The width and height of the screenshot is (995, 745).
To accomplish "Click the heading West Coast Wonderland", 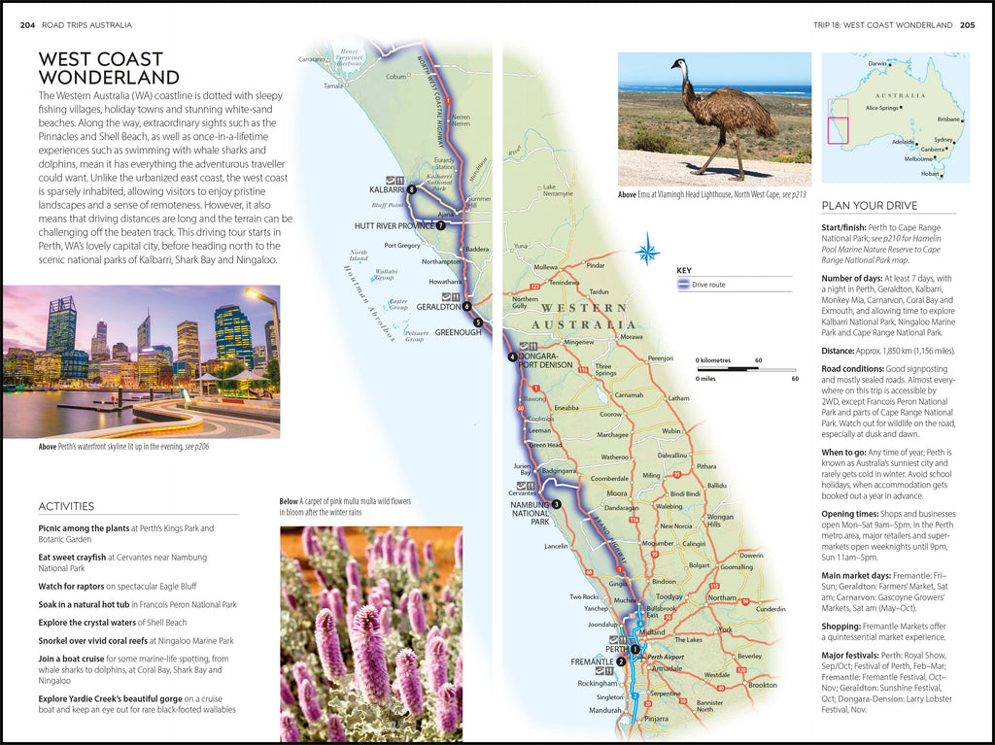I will tap(109, 68).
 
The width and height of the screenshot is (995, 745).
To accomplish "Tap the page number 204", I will tap(27, 24).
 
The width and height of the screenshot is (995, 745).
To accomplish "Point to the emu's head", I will tap(677, 66).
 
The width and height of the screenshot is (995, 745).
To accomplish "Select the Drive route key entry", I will tap(709, 285).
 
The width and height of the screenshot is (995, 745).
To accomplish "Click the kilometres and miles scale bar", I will tap(745, 369).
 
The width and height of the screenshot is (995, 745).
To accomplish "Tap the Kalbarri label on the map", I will tap(386, 190).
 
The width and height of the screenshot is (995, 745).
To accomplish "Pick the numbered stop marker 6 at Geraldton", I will tap(467, 306).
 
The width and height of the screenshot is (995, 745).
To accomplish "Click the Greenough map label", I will tap(458, 331).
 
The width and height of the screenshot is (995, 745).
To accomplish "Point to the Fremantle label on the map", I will tap(591, 661).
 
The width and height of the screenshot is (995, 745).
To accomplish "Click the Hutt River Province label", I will tap(393, 225).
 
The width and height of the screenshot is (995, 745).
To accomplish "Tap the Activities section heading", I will tap(66, 506).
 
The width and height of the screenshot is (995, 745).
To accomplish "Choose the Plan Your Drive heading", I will tap(869, 206).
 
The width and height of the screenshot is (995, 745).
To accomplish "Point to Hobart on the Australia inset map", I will tap(931, 174).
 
